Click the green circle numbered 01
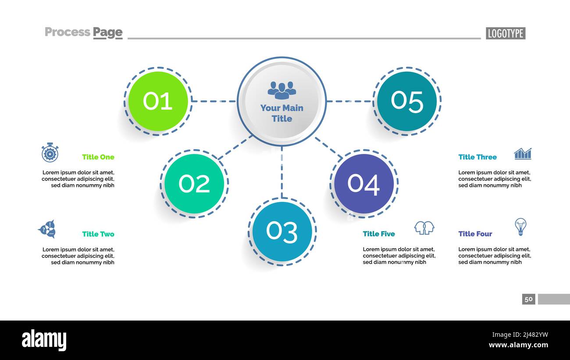click(158, 101)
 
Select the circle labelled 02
click(194, 184)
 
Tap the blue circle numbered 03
click(282, 231)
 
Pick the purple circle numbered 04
click(363, 183)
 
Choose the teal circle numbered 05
click(407, 101)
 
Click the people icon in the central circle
click(282, 90)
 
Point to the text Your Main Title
click(282, 113)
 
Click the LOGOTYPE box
click(505, 33)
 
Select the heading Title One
click(98, 157)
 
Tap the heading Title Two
click(98, 234)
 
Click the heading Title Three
click(477, 157)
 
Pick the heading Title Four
click(475, 234)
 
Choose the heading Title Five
click(379, 234)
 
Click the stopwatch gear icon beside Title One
click(50, 153)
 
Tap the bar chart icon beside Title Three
click(523, 153)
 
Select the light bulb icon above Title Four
click(520, 226)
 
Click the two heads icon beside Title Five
click(424, 228)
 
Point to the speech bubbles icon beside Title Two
click(47, 229)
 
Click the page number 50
click(528, 299)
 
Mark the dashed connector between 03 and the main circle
click(282, 172)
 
